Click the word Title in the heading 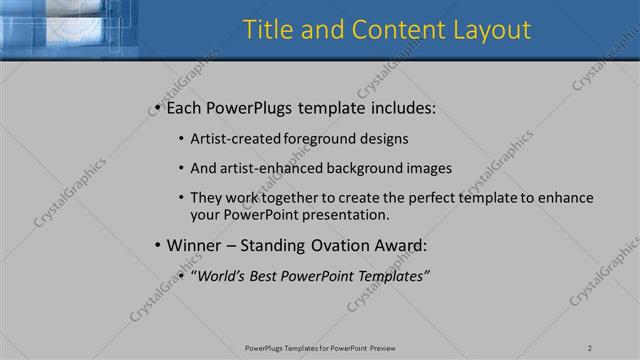[267, 30]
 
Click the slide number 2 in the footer [591, 347]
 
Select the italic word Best [266, 275]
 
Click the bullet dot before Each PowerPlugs [158, 107]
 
